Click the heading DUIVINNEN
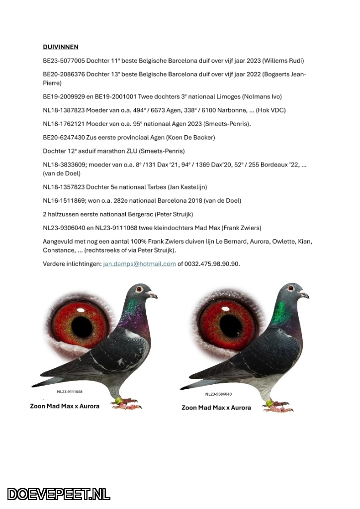point(61,47)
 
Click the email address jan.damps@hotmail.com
point(139,264)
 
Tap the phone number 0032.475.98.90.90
point(212,264)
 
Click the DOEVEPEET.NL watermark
point(59,494)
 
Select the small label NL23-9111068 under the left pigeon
point(70,392)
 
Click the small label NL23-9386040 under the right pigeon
point(218,394)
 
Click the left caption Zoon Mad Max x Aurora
point(65,406)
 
